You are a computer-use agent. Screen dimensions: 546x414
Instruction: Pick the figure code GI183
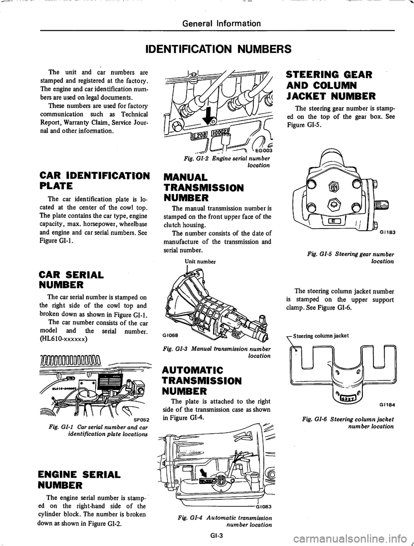386,231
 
